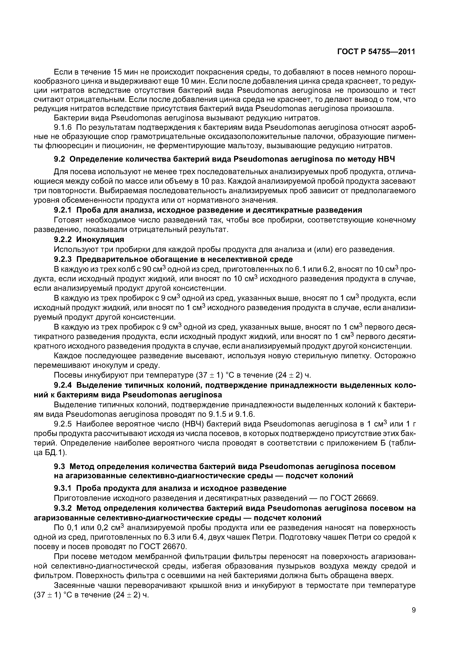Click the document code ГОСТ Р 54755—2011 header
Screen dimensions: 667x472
[376, 52]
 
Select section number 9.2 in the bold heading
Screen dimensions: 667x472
[60, 159]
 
